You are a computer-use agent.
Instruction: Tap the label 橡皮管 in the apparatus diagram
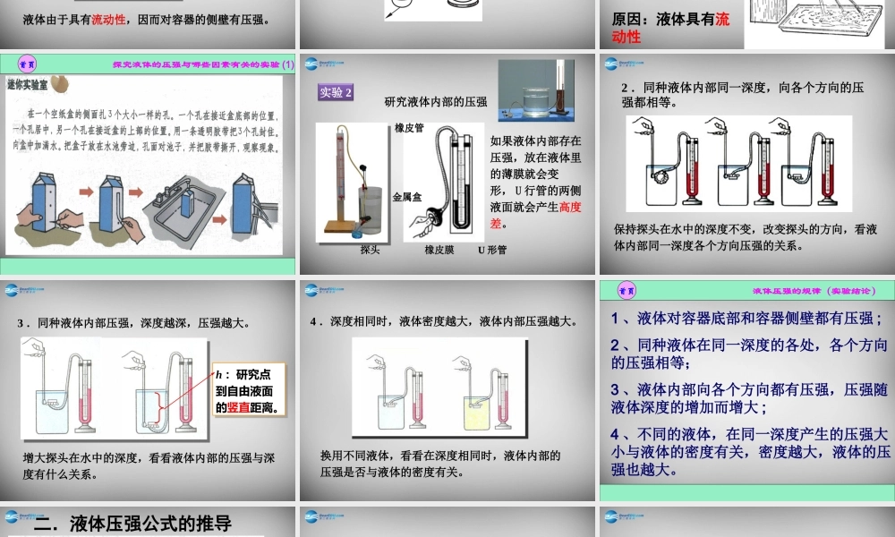(x=408, y=128)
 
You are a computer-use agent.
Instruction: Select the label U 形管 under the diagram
(x=491, y=250)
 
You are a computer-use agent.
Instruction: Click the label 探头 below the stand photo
(x=370, y=250)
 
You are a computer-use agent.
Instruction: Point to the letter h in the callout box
(x=218, y=375)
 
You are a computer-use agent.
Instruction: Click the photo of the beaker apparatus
(x=536, y=89)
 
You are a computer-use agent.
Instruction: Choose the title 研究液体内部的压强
(x=436, y=102)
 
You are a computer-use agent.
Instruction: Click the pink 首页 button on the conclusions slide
(x=627, y=290)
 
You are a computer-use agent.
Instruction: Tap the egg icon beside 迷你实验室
(x=59, y=81)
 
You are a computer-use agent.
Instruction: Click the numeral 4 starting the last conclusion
(x=616, y=433)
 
